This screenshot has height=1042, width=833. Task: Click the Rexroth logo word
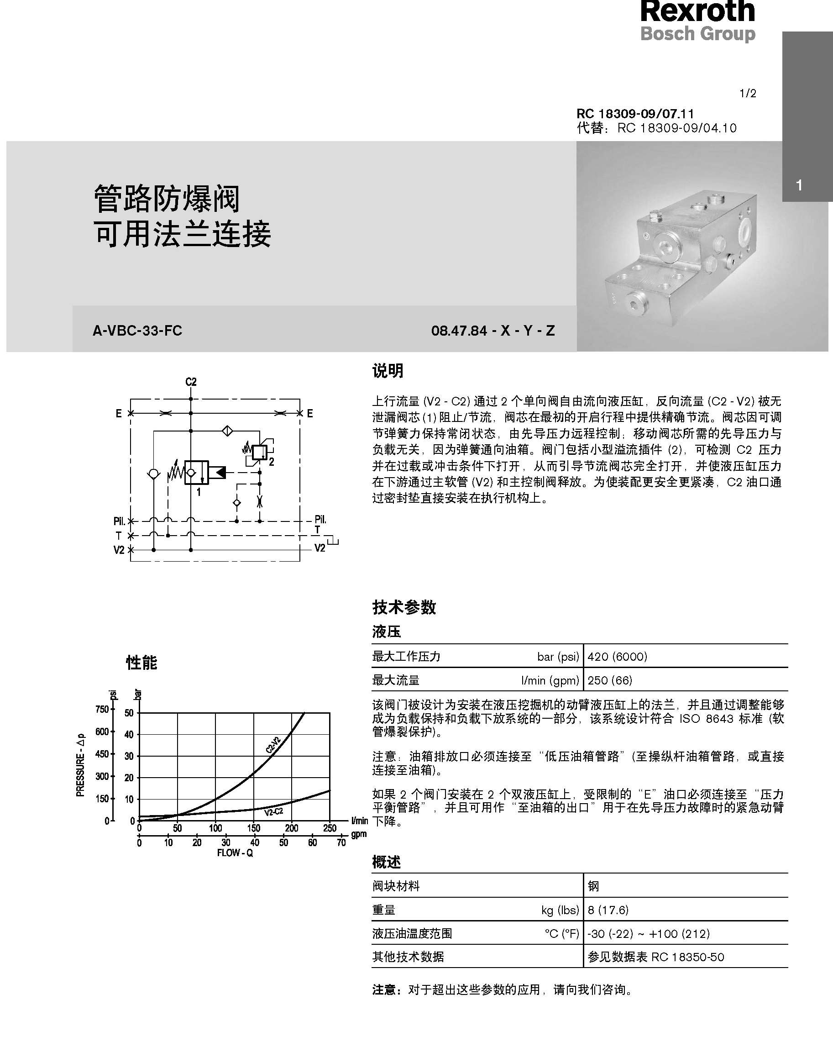tap(697, 11)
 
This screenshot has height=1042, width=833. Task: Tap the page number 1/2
tap(748, 93)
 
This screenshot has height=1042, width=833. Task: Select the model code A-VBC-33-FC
tap(137, 331)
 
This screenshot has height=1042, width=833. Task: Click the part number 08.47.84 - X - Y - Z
tap(492, 331)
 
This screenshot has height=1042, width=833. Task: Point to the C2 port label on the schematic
tap(191, 382)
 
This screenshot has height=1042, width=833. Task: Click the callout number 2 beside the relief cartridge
tap(272, 462)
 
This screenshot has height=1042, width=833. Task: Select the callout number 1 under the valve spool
tap(199, 492)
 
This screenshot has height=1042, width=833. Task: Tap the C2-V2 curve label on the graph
tap(273, 745)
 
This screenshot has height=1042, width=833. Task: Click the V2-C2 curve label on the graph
tap(273, 811)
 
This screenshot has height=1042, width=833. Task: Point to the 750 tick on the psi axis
tap(102, 710)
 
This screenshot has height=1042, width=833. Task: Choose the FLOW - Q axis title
tap(235, 853)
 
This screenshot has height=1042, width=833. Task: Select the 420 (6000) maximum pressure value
tap(617, 656)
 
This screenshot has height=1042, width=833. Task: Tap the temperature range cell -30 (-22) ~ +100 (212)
tap(649, 933)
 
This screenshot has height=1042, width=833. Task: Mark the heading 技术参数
tap(404, 607)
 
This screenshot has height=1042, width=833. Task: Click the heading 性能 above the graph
tap(141, 662)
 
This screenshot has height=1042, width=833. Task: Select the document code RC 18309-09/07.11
tap(635, 114)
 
